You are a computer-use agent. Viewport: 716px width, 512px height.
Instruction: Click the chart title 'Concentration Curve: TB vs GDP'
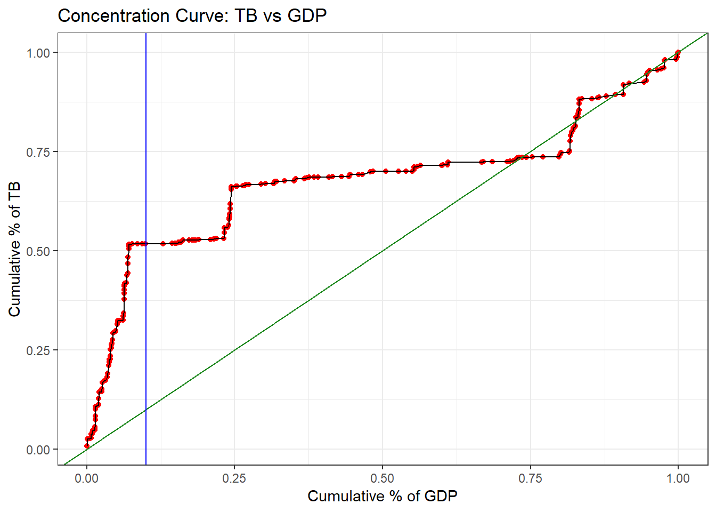192,16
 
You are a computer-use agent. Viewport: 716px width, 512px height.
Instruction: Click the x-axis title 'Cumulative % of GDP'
382,496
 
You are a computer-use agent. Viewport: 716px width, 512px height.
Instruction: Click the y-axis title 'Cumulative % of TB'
14,249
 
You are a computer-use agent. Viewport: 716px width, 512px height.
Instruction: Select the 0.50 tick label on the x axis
382,478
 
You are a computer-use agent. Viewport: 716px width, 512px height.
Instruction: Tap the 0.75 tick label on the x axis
530,478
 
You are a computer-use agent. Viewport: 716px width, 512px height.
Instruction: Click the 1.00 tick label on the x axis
678,478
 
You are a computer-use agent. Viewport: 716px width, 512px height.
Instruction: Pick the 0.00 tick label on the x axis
87,478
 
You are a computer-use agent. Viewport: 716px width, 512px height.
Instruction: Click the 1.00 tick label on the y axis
38,53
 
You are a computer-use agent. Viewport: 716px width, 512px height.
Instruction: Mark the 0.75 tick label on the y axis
38,152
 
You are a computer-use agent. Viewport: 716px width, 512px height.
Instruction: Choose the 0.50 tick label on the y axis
38,251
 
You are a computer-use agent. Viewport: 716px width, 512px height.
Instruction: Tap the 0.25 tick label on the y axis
38,350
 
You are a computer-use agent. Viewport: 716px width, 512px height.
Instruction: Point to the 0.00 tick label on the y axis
38,450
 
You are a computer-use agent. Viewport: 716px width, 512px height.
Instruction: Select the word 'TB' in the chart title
246,16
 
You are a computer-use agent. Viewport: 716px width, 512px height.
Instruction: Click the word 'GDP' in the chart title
307,16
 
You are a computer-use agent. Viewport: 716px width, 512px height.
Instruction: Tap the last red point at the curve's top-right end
678,52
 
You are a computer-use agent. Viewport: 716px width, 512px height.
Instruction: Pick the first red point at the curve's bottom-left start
87,446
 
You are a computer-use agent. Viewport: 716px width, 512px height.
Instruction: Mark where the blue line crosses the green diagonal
146,410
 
